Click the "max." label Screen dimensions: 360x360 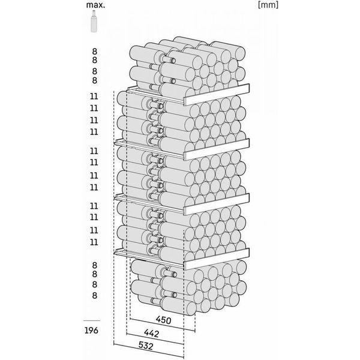tap(95, 5)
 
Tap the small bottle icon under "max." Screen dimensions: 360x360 tap(94, 21)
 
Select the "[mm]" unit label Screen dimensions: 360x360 tap(268, 5)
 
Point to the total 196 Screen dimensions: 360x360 tap(91, 331)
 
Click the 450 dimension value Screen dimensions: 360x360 tap(163, 320)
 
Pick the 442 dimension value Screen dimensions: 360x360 tap(152, 333)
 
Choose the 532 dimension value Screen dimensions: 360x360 tap(146, 346)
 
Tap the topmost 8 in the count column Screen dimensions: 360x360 tap(95, 52)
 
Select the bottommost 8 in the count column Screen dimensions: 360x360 tap(95, 295)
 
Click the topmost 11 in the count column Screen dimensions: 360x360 tap(94, 96)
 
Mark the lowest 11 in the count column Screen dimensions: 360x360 tap(94, 242)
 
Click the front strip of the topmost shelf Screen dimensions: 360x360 tap(217, 94)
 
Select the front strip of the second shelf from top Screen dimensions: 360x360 tap(217, 149)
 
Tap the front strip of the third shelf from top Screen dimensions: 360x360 tap(217, 204)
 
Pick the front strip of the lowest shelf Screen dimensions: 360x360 tap(217, 259)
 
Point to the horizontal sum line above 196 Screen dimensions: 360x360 tap(92, 320)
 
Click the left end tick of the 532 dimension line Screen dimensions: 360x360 tap(114, 344)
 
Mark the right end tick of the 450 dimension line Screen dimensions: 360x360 tap(195, 331)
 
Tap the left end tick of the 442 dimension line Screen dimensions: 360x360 tap(127, 333)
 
